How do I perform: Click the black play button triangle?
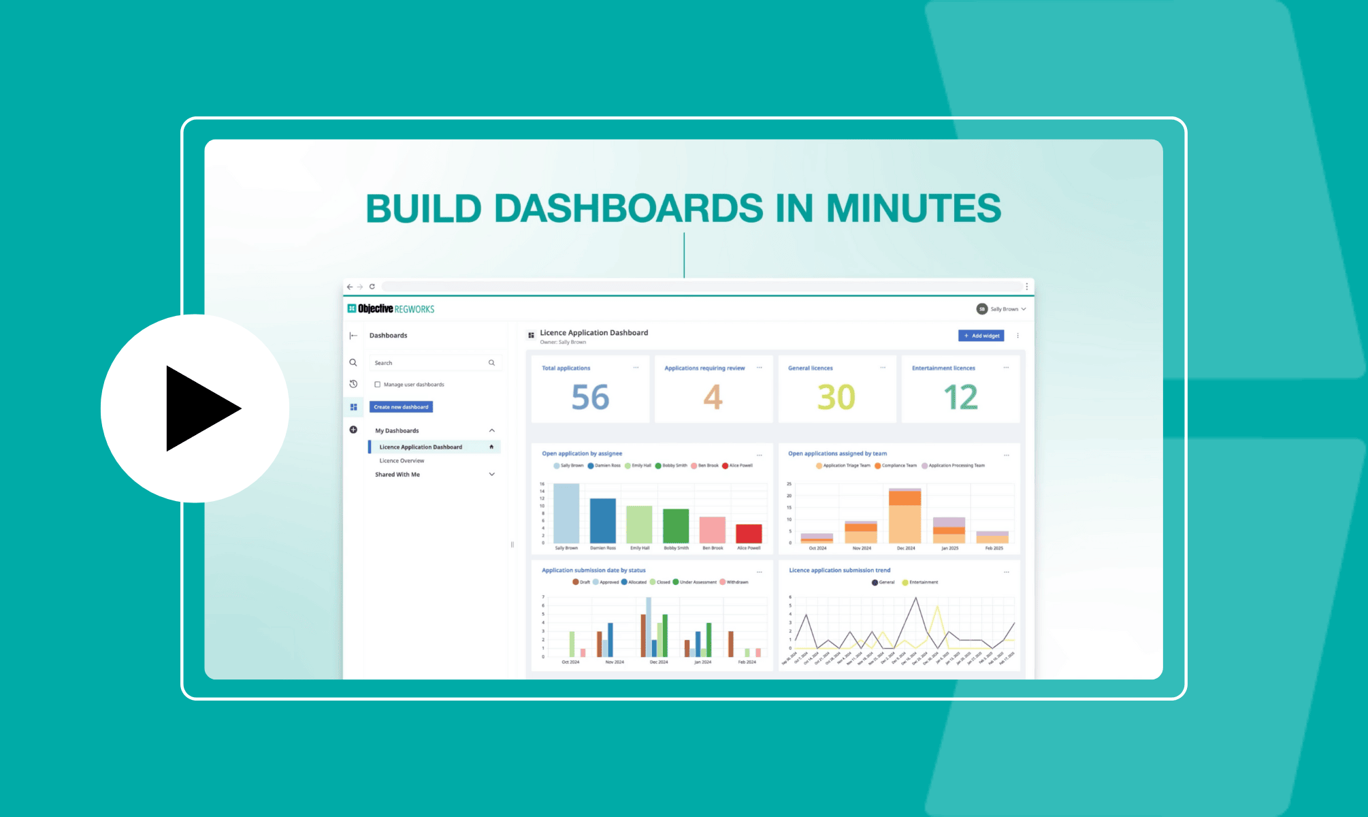point(197,408)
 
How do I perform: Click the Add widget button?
point(981,336)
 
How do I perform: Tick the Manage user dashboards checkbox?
point(378,385)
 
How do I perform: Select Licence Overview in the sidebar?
point(402,461)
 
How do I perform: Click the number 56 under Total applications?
point(590,397)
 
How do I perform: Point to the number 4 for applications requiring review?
point(713,397)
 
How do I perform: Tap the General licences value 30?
point(836,397)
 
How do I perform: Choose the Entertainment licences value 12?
point(960,397)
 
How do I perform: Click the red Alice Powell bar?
point(749,533)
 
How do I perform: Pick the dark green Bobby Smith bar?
point(676,526)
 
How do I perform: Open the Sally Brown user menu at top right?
point(1001,309)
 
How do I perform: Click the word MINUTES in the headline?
point(913,208)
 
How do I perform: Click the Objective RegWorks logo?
point(391,309)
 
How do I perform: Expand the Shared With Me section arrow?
point(492,475)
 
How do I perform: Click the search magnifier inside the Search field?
point(491,363)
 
